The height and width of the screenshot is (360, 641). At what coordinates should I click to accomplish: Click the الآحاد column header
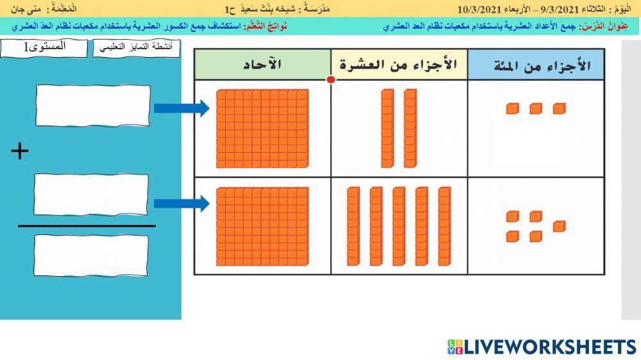pos(262,65)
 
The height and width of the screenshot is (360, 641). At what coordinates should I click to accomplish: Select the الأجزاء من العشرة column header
pos(399,65)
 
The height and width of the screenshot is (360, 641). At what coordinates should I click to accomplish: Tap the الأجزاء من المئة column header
pos(535,65)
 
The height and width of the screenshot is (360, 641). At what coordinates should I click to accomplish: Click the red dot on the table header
pos(331,80)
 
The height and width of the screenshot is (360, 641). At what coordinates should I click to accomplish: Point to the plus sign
pos(21,151)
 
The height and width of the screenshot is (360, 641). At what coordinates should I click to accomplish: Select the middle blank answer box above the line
pos(90,195)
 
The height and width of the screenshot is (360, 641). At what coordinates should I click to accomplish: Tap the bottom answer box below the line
pos(90,255)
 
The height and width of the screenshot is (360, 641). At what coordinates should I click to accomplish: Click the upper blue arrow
pos(181,108)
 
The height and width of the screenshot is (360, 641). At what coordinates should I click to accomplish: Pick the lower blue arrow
pos(181,204)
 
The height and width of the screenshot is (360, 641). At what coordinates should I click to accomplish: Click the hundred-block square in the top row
pos(262,129)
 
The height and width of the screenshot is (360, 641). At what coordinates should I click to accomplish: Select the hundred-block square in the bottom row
pos(262,226)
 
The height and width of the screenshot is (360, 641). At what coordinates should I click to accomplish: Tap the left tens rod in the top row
pos(387,128)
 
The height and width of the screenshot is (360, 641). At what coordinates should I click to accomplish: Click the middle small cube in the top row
pos(536,109)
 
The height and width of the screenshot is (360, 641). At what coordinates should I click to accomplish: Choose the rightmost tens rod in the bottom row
pos(444,226)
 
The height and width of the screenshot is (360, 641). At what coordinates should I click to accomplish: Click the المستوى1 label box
pos(44,48)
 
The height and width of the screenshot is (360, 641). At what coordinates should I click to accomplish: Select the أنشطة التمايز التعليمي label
pos(136,49)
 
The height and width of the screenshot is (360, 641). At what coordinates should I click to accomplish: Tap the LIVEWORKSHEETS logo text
pos(549,347)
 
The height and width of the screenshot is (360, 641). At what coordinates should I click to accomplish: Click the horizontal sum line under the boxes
pos(87,226)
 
